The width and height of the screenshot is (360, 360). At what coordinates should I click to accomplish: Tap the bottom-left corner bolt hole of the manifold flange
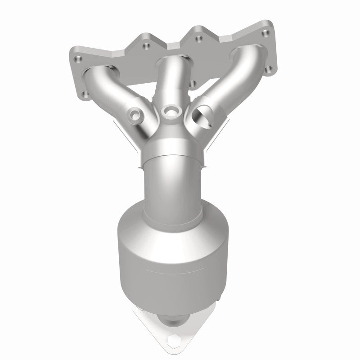84,95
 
